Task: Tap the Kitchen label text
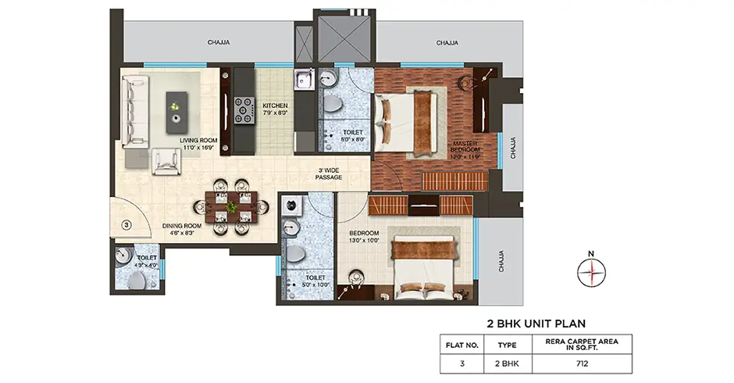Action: pos(275,109)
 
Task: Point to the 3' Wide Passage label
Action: pos(329,174)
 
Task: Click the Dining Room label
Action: pos(181,229)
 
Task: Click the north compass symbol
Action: pos(591,271)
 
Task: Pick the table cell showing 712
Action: pos(583,363)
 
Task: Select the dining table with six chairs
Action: pos(231,206)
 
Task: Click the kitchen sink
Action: pos(304,80)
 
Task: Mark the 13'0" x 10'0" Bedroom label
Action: pos(364,237)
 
